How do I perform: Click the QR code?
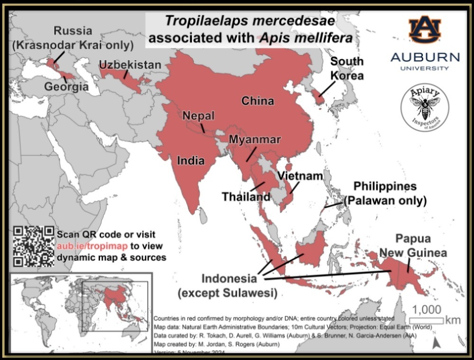pyautogui.click(x=34, y=246)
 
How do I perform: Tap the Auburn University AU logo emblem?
pyautogui.click(x=425, y=29)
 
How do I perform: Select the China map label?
pyautogui.click(x=258, y=100)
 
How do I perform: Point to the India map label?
pyautogui.click(x=191, y=161)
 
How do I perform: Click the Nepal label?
pyautogui.click(x=199, y=116)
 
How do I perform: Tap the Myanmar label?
pyautogui.click(x=255, y=140)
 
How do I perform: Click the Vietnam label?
pyautogui.click(x=300, y=176)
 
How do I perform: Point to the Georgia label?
pyautogui.click(x=66, y=87)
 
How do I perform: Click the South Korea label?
pyautogui.click(x=347, y=68)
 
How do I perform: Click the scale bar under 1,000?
pyautogui.click(x=426, y=321)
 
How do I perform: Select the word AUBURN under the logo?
pyautogui.click(x=425, y=58)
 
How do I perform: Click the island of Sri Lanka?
pyautogui.click(x=203, y=216)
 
